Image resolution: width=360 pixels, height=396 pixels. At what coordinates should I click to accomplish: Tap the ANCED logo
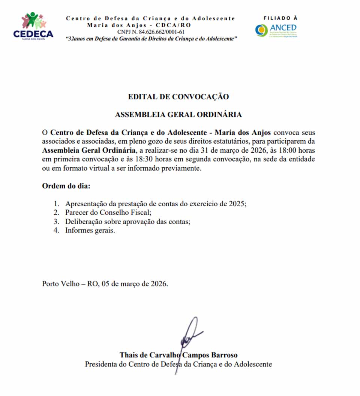276,30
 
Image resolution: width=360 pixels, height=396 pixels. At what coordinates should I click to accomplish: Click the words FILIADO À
280,18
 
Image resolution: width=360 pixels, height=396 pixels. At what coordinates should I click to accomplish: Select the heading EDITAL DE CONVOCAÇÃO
178,97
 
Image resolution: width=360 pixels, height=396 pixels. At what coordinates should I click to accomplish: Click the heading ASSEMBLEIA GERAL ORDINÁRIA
178,115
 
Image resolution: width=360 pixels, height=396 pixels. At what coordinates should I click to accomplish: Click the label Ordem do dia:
66,186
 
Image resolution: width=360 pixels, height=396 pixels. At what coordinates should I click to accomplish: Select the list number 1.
56,204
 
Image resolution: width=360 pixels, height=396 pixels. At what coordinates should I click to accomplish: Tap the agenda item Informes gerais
90,231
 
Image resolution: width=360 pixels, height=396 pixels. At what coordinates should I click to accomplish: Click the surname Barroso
224,355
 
